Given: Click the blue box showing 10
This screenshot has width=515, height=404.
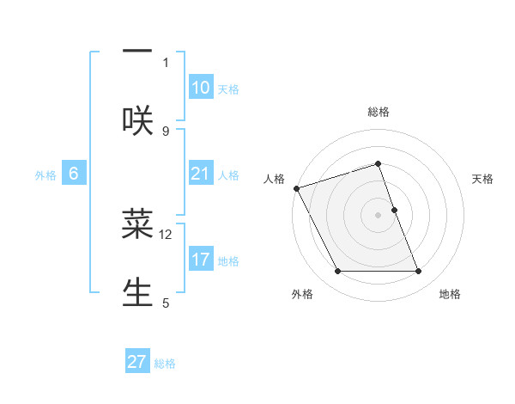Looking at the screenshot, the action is (201, 88).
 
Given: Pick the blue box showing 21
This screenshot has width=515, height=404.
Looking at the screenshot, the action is (201, 174).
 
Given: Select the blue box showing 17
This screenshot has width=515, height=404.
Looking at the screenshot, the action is (201, 260).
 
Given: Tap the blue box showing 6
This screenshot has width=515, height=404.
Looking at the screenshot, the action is (74, 174).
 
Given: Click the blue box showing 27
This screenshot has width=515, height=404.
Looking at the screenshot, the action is (137, 362).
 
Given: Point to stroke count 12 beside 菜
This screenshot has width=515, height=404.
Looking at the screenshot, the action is (166, 234).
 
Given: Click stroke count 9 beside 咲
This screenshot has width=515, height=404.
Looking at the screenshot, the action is (166, 131).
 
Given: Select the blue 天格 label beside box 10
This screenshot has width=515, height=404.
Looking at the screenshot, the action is (228, 89).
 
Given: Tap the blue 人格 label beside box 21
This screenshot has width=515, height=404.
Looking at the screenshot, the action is (228, 175).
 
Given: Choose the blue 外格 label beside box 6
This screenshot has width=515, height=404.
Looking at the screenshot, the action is (45, 175).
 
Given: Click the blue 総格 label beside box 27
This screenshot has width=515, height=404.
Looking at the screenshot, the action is (165, 364).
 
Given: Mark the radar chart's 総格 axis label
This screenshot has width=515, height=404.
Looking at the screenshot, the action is (379, 112).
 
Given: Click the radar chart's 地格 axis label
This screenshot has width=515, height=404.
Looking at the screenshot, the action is (450, 294).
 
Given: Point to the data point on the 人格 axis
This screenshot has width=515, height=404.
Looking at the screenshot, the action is (297, 188).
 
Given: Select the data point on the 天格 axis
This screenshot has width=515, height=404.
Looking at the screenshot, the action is (394, 210).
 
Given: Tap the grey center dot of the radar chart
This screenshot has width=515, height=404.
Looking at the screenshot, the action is (379, 215).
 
